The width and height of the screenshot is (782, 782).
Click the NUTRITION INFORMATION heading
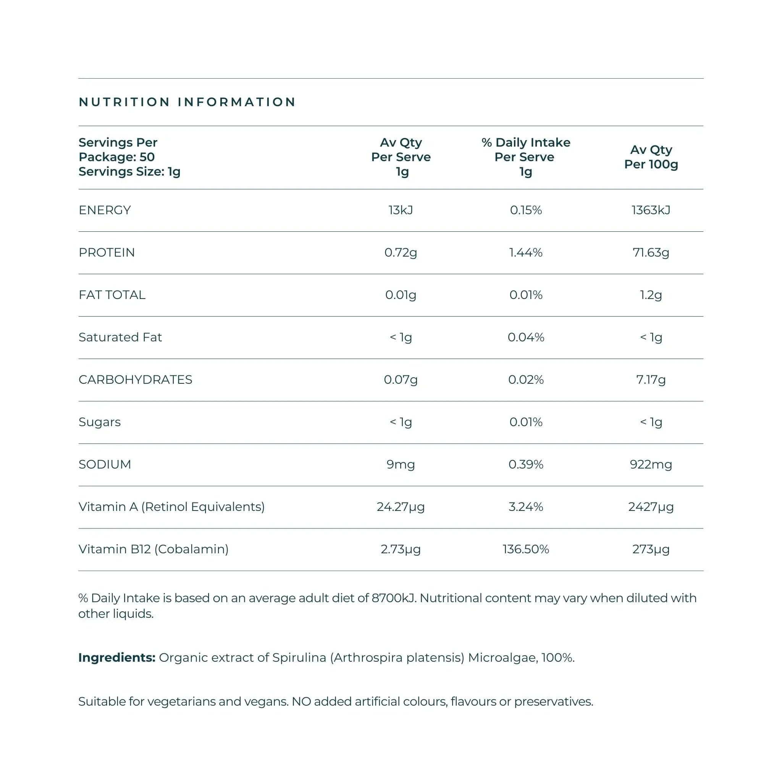pos(187,102)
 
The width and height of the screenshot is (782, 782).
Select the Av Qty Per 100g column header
pos(651,157)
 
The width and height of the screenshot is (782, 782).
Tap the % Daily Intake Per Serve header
pos(525,157)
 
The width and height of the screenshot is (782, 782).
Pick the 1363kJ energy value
pos(651,210)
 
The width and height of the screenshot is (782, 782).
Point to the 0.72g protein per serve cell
pos(400,252)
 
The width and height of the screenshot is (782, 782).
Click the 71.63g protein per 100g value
pos(651,252)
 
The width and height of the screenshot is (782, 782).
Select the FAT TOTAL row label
pos(112,295)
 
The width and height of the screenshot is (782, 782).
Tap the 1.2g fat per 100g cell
pos(651,295)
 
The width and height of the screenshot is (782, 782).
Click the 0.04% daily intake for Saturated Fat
pos(525,337)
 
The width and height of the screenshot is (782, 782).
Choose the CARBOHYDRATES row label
pos(135,380)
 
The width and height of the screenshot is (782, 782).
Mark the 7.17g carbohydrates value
pos(651,380)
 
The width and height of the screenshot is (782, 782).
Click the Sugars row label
pos(100,422)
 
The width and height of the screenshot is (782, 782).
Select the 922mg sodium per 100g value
pos(651,464)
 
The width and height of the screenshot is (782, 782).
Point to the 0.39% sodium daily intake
pos(525,464)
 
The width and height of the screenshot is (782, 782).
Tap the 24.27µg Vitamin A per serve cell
pos(400,507)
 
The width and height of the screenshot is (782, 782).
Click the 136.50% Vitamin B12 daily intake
pos(525,549)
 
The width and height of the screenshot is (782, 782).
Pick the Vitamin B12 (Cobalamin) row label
pos(153,549)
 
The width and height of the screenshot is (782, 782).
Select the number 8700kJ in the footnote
pos(393,598)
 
